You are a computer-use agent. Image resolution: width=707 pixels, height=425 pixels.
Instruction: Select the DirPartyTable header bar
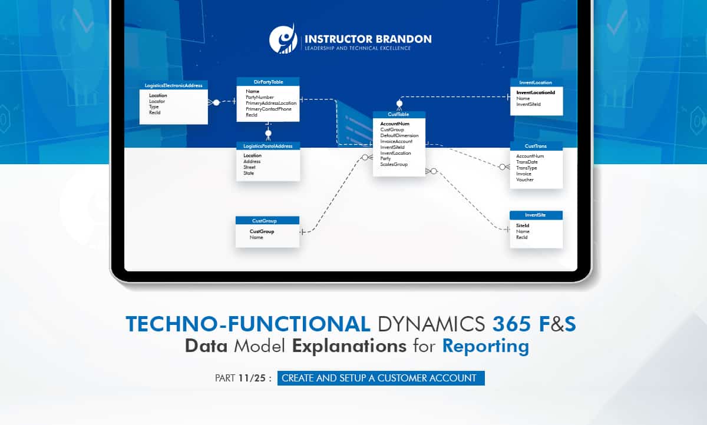pyautogui.click(x=268, y=81)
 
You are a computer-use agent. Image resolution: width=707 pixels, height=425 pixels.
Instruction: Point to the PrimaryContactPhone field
pyautogui.click(x=268, y=109)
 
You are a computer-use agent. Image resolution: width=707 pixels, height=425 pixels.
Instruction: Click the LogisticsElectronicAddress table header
pyautogui.click(x=174, y=85)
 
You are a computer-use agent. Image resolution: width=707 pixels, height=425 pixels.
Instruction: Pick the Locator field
pyautogui.click(x=157, y=101)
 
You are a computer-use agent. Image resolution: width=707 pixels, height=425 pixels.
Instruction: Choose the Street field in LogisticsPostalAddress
pyautogui.click(x=249, y=167)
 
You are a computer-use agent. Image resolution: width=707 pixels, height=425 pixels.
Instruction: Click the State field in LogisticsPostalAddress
pyautogui.click(x=249, y=173)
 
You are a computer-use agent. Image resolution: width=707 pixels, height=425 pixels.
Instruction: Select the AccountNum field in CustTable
pyautogui.click(x=395, y=124)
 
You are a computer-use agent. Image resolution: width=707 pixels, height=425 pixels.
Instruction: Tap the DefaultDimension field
pyautogui.click(x=399, y=135)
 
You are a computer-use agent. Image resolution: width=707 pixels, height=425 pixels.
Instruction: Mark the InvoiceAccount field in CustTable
pyautogui.click(x=396, y=141)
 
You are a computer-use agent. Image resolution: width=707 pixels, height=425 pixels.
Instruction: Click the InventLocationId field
pyautogui.click(x=536, y=92)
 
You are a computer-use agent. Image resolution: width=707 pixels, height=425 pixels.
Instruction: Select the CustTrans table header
pyautogui.click(x=536, y=145)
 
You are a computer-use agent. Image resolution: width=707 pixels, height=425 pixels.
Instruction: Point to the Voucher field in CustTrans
pyautogui.click(x=524, y=180)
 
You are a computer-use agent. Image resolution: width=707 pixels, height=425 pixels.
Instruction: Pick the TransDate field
pyautogui.click(x=527, y=162)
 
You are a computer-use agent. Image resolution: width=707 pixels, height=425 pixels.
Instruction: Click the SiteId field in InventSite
pyautogui.click(x=522, y=225)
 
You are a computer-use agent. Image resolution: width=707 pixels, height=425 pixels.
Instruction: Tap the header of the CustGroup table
pyautogui.click(x=267, y=221)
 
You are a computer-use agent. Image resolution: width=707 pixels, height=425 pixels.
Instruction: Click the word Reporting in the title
pyautogui.click(x=485, y=346)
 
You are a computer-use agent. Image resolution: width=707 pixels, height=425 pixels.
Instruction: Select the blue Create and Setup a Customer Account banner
pyautogui.click(x=381, y=378)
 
